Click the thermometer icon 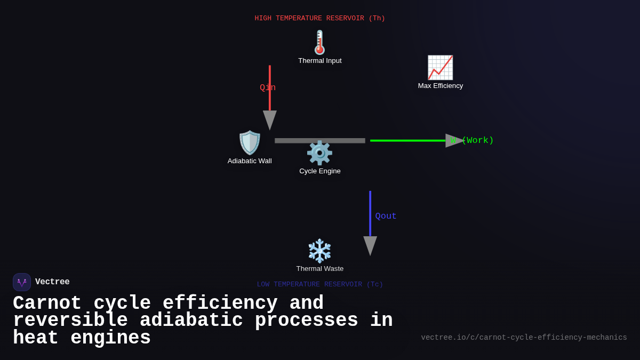click(x=319, y=42)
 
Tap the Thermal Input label click(x=320, y=61)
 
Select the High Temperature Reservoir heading click(x=320, y=18)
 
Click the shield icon click(x=250, y=142)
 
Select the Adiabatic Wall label click(x=250, y=161)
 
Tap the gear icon click(x=319, y=153)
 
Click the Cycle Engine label click(x=320, y=171)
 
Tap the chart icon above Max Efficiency click(x=440, y=68)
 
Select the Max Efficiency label click(x=441, y=86)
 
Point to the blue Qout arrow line click(x=370, y=213)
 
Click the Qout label click(x=386, y=216)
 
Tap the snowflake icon click(x=319, y=251)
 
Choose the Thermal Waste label click(x=320, y=269)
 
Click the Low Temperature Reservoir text click(x=320, y=284)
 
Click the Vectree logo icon click(x=22, y=282)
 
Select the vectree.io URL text click(x=524, y=338)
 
